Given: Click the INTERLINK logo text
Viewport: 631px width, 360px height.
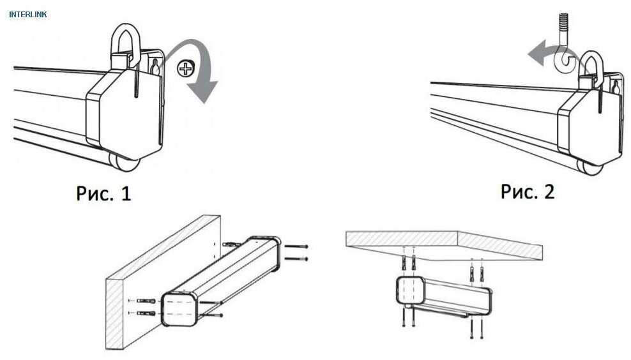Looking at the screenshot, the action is pyautogui.click(x=27, y=15).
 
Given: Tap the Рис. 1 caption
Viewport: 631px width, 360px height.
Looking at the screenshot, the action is pyautogui.click(x=103, y=193).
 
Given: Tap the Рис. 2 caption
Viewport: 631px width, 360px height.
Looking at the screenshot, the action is pyautogui.click(x=527, y=191).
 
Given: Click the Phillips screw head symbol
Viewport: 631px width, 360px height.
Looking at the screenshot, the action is pyautogui.click(x=185, y=68).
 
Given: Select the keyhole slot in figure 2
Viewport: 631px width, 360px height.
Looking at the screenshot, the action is pyautogui.click(x=615, y=86).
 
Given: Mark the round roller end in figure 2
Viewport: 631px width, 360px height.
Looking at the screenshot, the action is pyautogui.click(x=589, y=167).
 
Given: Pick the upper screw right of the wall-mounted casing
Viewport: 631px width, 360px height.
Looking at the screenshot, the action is pyautogui.click(x=296, y=246).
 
